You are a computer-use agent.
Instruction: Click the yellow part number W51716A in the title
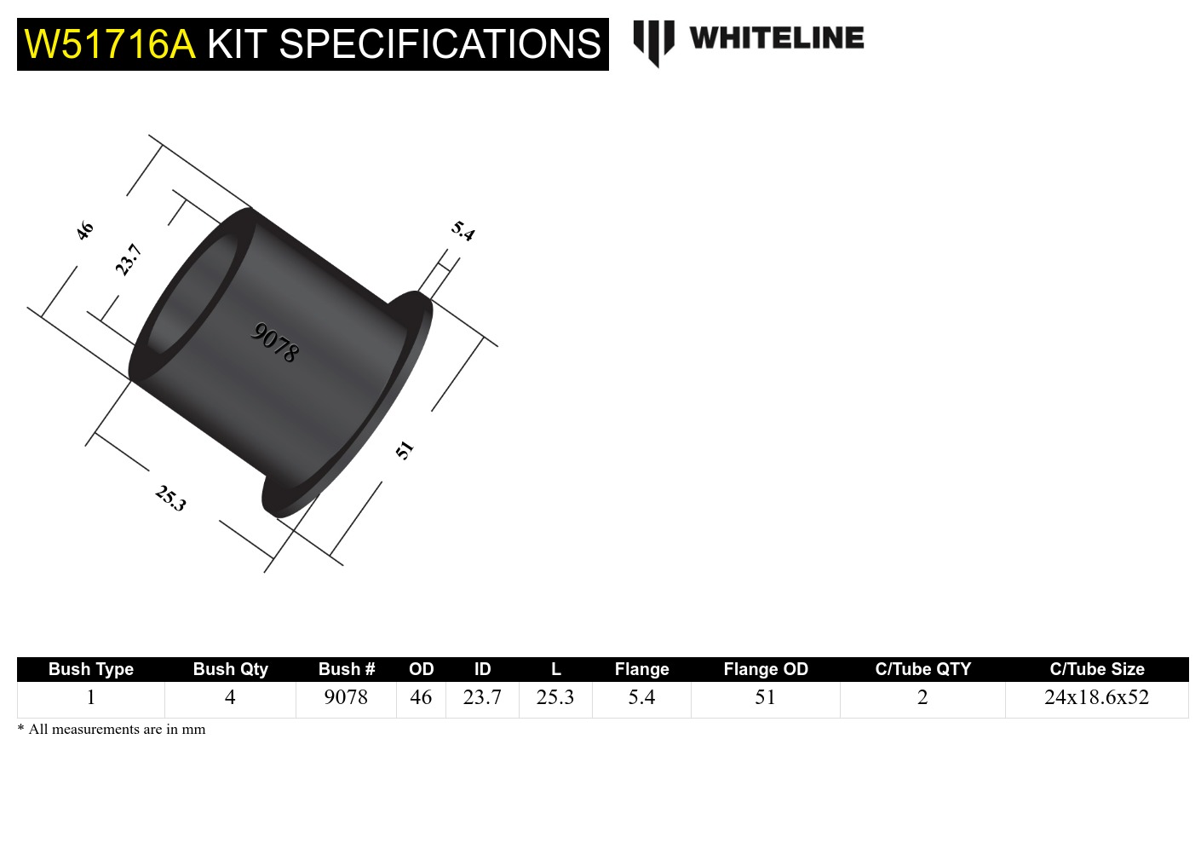110,44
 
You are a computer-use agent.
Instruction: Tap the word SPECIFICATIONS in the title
440,44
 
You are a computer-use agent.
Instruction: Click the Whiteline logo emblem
653,42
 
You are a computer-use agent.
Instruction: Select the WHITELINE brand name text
776,38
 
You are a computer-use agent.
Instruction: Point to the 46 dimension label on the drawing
84,230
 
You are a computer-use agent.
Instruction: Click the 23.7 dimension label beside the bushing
128,259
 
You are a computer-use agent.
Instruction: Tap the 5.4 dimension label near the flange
463,230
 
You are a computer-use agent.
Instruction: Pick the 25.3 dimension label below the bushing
170,498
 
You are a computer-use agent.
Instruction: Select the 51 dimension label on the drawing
405,449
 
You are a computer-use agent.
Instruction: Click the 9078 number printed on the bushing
274,343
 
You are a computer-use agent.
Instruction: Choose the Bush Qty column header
230,669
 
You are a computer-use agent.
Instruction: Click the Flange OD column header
765,669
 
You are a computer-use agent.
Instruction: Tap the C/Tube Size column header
1096,669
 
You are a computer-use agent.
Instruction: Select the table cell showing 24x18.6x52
1096,697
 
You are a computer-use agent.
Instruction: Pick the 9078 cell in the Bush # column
346,697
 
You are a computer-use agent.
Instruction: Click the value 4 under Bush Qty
230,697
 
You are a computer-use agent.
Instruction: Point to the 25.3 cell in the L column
555,697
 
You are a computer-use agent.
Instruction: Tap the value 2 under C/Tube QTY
922,697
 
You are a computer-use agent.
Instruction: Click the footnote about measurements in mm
112,729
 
